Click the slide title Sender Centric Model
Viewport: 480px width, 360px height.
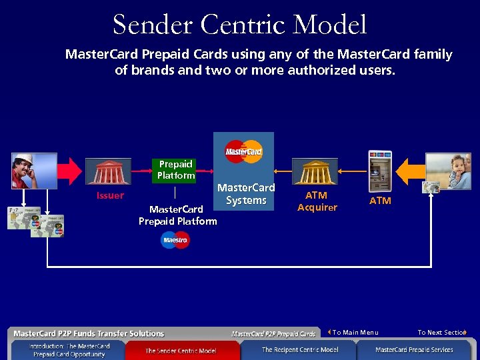tap(239, 25)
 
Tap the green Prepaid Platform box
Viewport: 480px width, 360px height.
tap(176, 170)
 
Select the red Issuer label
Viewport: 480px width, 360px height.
tap(110, 195)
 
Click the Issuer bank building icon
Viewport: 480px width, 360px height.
tap(108, 171)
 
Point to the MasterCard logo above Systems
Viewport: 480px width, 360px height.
tap(244, 151)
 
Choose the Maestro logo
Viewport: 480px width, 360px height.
tap(175, 240)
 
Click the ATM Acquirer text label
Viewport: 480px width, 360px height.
tap(317, 201)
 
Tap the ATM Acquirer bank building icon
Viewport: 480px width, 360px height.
tap(315, 171)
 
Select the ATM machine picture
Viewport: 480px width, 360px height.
tap(379, 171)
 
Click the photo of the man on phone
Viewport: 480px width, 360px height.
tap(34, 171)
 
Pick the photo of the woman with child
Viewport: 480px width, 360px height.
tap(448, 171)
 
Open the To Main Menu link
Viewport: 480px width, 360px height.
tap(355, 332)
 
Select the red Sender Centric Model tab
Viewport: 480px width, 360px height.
tap(181, 350)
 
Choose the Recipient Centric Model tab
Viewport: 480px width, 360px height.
tap(299, 349)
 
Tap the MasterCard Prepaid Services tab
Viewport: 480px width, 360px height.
tap(414, 349)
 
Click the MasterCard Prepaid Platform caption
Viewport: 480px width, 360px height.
tap(177, 215)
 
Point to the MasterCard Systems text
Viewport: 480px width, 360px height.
tap(246, 194)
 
